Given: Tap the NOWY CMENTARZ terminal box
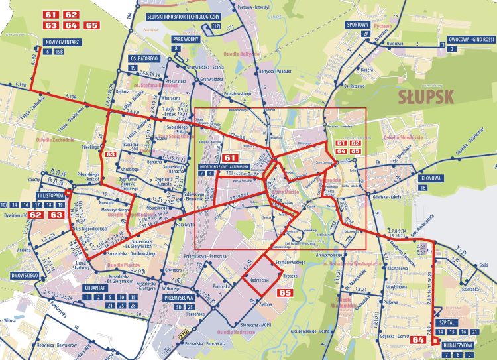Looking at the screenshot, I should point(62,42).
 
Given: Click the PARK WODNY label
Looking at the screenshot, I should point(187,39).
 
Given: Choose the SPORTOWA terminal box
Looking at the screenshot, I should point(357,24).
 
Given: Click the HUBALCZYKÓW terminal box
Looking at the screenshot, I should point(456,345).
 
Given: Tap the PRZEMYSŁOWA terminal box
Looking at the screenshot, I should point(178,298).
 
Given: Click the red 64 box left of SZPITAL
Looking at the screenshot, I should point(418,340).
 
